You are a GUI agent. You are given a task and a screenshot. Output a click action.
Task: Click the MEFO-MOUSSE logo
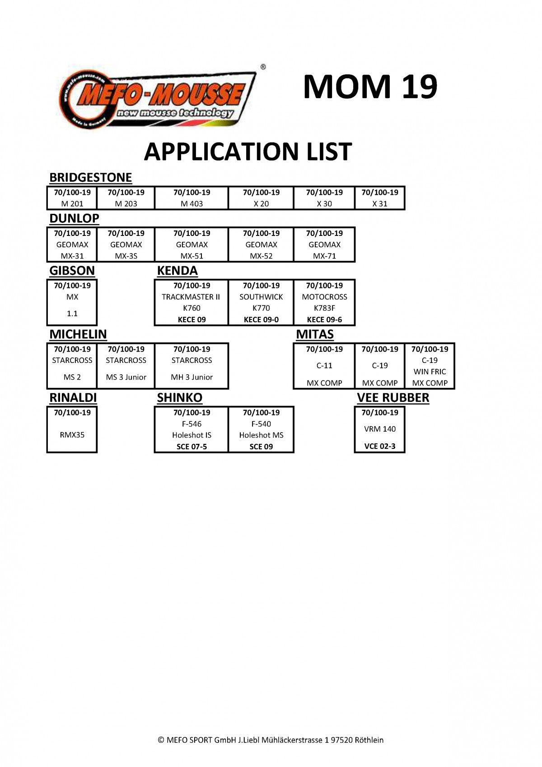tap(157, 99)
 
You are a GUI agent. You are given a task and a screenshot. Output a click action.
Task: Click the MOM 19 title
tap(370, 86)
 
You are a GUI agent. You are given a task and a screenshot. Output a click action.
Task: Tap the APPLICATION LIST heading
tap(248, 151)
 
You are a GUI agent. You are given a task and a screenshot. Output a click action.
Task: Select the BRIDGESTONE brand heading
tap(91, 178)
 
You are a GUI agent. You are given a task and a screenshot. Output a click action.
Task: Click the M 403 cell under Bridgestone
tap(192, 198)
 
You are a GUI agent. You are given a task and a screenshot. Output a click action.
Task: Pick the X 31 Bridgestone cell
tap(380, 198)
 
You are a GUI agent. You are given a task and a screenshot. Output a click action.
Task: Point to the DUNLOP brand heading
tap(74, 218)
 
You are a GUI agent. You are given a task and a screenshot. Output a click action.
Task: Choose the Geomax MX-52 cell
tap(261, 245)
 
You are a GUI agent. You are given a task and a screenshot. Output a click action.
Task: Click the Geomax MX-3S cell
tap(126, 245)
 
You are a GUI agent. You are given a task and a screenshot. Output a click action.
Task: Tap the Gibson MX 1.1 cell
tap(72, 302)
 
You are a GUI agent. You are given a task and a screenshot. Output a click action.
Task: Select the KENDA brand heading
tap(177, 271)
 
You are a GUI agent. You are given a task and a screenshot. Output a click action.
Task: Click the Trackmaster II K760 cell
tap(191, 302)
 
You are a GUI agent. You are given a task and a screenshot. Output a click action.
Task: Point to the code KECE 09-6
tap(324, 320)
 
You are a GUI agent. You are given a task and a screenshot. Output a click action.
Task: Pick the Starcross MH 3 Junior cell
tap(192, 366)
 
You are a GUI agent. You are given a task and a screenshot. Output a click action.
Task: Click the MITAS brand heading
tap(315, 334)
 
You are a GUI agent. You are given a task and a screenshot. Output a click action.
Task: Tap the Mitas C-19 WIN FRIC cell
tap(430, 366)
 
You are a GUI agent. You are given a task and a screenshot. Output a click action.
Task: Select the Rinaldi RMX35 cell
tap(72, 430)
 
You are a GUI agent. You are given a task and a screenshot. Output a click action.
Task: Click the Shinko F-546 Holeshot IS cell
tap(192, 430)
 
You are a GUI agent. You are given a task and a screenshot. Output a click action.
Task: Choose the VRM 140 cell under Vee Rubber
tap(380, 430)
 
